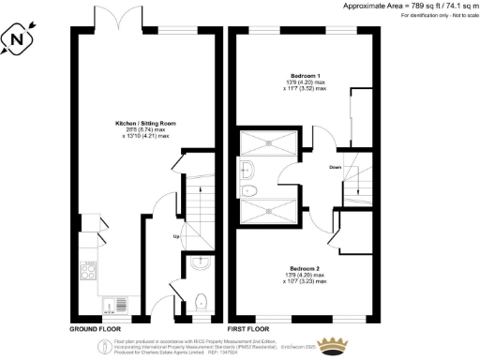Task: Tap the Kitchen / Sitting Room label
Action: point(142,124)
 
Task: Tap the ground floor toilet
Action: point(203,303)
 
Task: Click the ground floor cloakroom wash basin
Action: point(201,264)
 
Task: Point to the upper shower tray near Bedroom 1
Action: point(270,143)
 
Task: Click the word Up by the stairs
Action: point(174,235)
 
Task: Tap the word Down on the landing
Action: point(336,170)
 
